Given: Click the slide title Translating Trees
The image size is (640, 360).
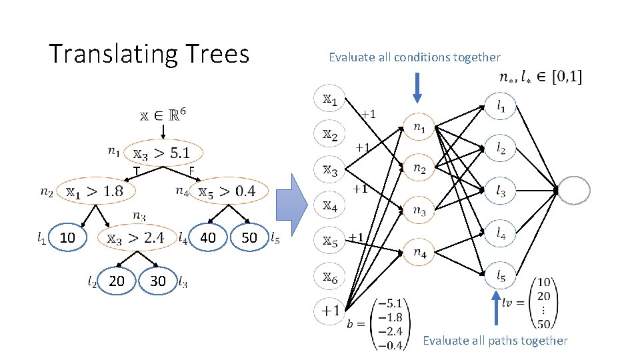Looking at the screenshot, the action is pyautogui.click(x=149, y=53).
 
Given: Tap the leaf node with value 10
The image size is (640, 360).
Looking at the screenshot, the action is pyautogui.click(x=67, y=237).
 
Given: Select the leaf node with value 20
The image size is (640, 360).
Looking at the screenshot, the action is pyautogui.click(x=116, y=281).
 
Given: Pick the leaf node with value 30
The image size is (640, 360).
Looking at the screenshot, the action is pyautogui.click(x=158, y=281).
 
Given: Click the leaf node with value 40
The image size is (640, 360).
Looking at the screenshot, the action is pyautogui.click(x=208, y=237).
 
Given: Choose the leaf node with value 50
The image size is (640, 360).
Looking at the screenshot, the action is pyautogui.click(x=249, y=237).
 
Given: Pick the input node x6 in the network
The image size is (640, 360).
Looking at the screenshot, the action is pyautogui.click(x=330, y=276).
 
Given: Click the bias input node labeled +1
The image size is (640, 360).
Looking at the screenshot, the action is pyautogui.click(x=330, y=311).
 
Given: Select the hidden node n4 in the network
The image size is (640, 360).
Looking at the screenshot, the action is pyautogui.click(x=419, y=252).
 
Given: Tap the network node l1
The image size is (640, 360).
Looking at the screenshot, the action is pyautogui.click(x=500, y=105).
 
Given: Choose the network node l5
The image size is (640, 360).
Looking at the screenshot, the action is pyautogui.click(x=500, y=274).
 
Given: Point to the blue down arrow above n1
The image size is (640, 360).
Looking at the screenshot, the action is pyautogui.click(x=417, y=87).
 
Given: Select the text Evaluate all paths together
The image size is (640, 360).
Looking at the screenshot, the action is pyautogui.click(x=495, y=341).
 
